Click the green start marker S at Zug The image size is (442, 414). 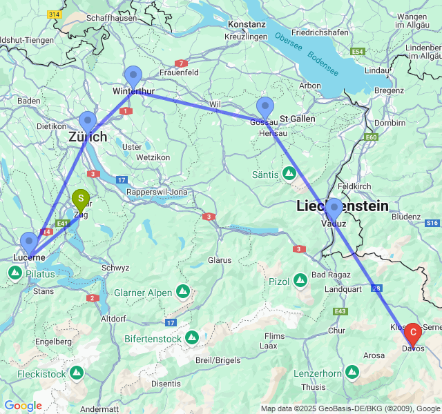click(x=81, y=201)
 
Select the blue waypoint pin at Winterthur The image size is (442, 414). click(x=133, y=77)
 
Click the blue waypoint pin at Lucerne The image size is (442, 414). click(x=29, y=244)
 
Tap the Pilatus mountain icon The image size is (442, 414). click(x=15, y=273)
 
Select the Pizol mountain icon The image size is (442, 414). click(x=300, y=281)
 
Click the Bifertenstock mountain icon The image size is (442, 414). click(x=191, y=338)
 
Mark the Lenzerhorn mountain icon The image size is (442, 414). click(x=352, y=373)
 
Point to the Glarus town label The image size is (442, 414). click(x=219, y=261)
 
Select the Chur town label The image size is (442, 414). click(x=336, y=331)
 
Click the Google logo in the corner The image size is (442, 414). click(x=23, y=406)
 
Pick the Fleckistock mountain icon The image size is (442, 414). click(x=76, y=373)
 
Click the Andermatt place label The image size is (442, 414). click(x=99, y=408)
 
